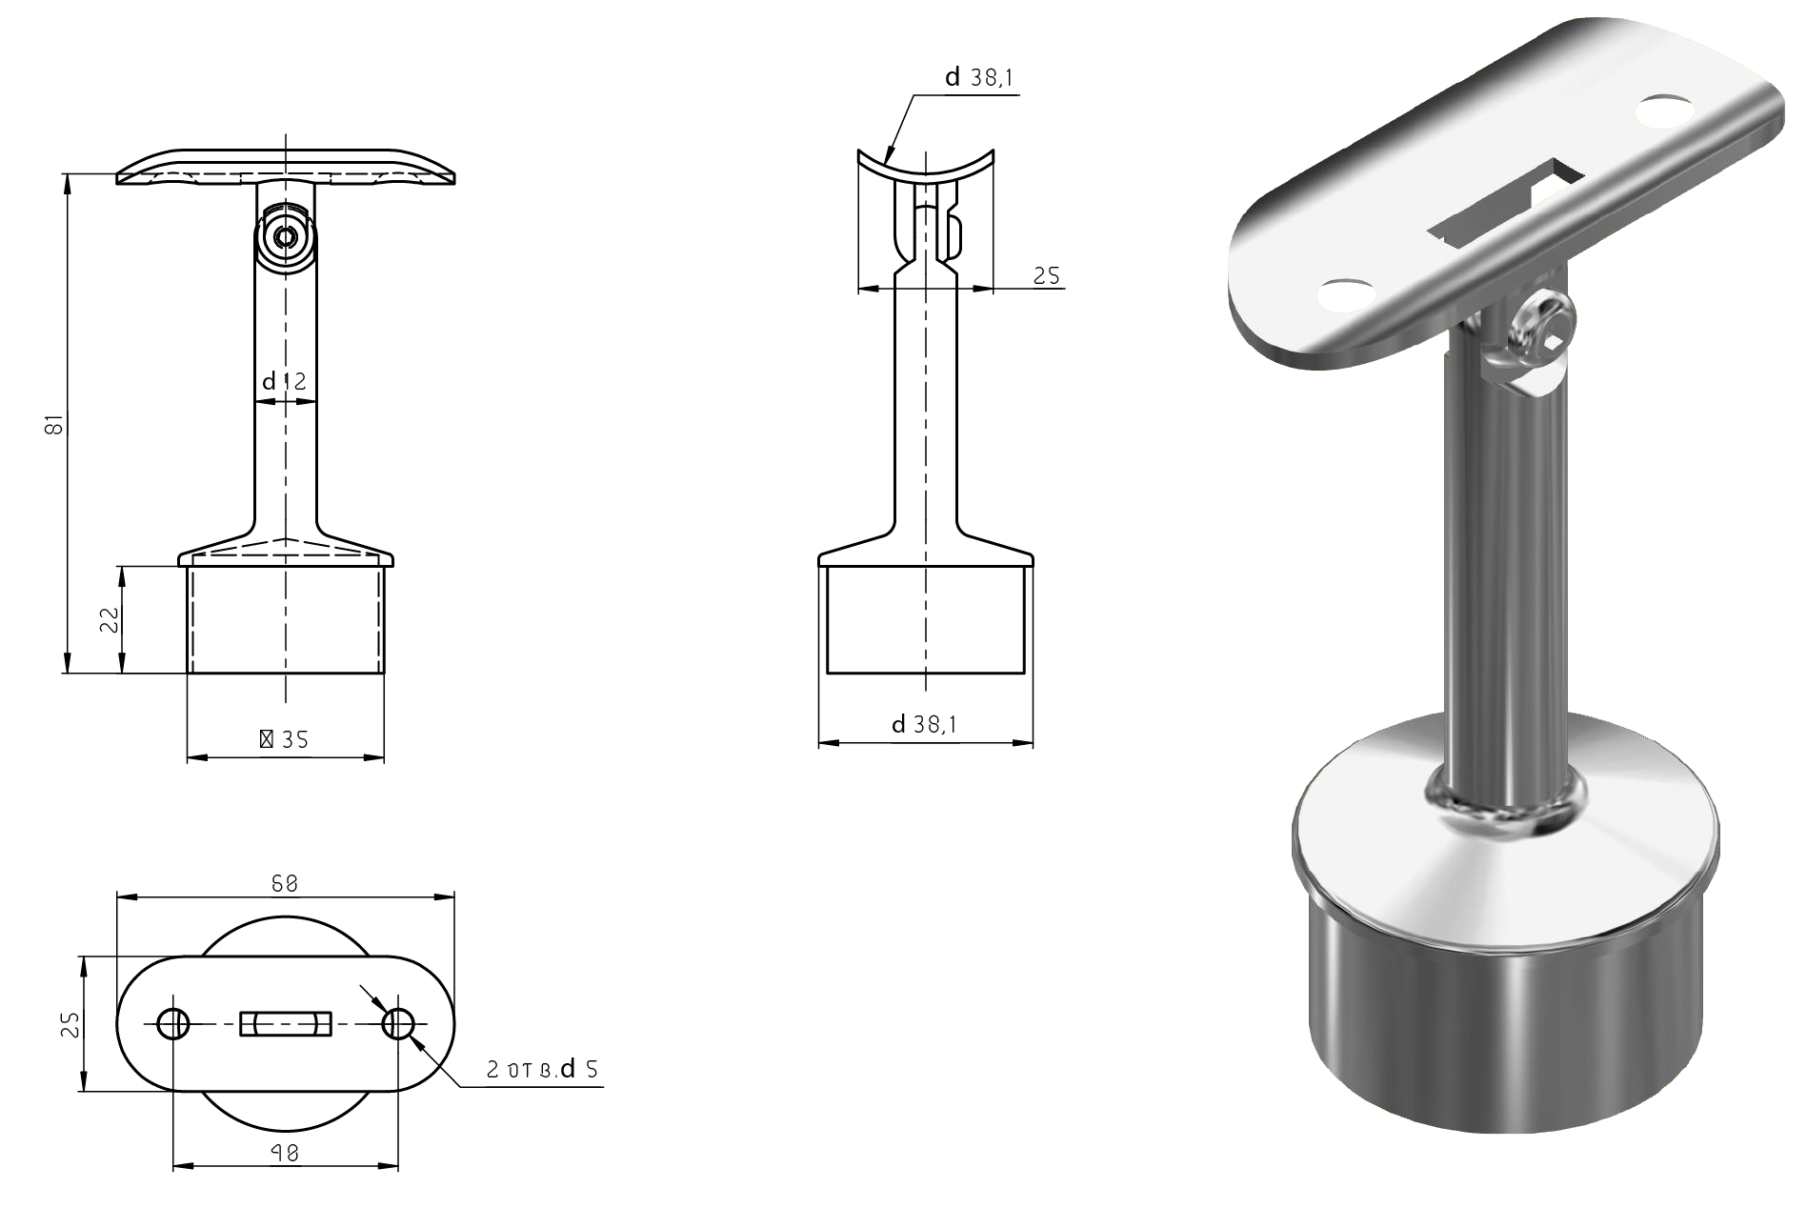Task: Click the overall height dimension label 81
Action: tap(56, 424)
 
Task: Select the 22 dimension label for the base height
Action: tap(110, 620)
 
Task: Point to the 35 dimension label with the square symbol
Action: tap(284, 739)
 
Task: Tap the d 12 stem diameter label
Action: tap(285, 382)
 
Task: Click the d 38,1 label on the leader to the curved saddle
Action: tap(978, 78)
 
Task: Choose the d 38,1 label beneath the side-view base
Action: tap(925, 725)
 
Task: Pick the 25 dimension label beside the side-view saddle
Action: tap(1047, 275)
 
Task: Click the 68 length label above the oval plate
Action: tap(285, 883)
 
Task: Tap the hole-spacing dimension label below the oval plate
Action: tap(285, 1153)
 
